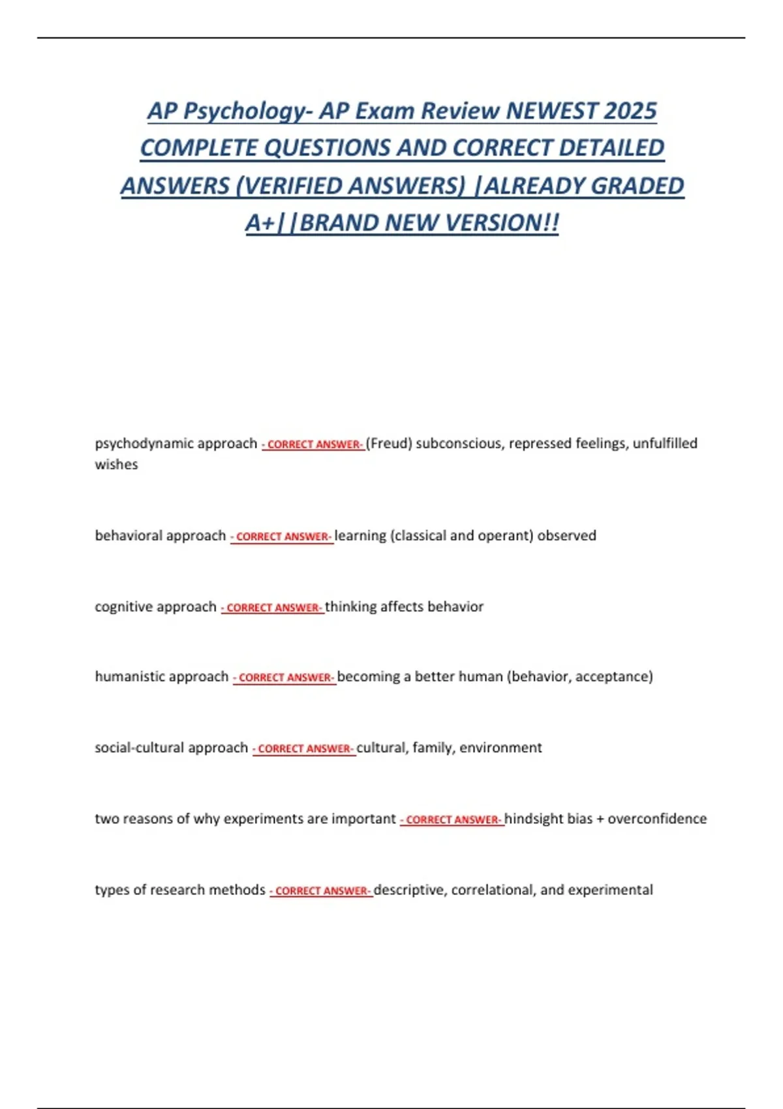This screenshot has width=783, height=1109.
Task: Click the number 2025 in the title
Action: pyautogui.click(x=630, y=111)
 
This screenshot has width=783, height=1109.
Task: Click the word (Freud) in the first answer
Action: pyautogui.click(x=389, y=444)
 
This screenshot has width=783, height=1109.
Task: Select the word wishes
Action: pyautogui.click(x=116, y=464)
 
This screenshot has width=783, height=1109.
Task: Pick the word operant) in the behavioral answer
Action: pyautogui.click(x=506, y=536)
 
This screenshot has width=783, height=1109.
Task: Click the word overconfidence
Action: pyautogui.click(x=657, y=819)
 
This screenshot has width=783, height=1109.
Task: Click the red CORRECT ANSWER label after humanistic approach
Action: pyautogui.click(x=284, y=678)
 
